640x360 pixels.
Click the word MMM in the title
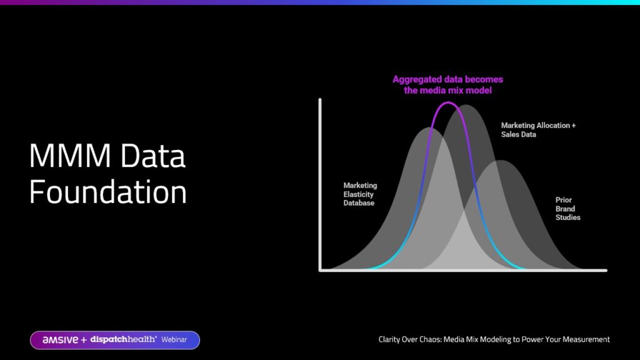coord(70,156)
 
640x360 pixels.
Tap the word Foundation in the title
coord(107,192)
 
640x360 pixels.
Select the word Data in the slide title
coord(153,156)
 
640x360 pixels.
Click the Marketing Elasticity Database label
coord(360,194)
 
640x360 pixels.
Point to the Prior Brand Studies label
coord(567,209)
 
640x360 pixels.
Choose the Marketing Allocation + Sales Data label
coord(538,130)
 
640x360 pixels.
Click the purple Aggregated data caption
coord(447,85)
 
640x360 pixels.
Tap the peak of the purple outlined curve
coord(448,102)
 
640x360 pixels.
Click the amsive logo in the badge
coord(60,340)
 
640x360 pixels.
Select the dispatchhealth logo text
coord(123,339)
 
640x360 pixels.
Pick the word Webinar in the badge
coord(174,339)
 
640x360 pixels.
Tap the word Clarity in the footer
coord(390,339)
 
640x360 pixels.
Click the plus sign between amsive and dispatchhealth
coord(84,340)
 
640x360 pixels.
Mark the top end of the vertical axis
coord(320,99)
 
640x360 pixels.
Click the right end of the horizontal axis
coord(606,270)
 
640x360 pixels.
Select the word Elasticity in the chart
coord(358,194)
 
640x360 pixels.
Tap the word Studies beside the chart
coord(567,217)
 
